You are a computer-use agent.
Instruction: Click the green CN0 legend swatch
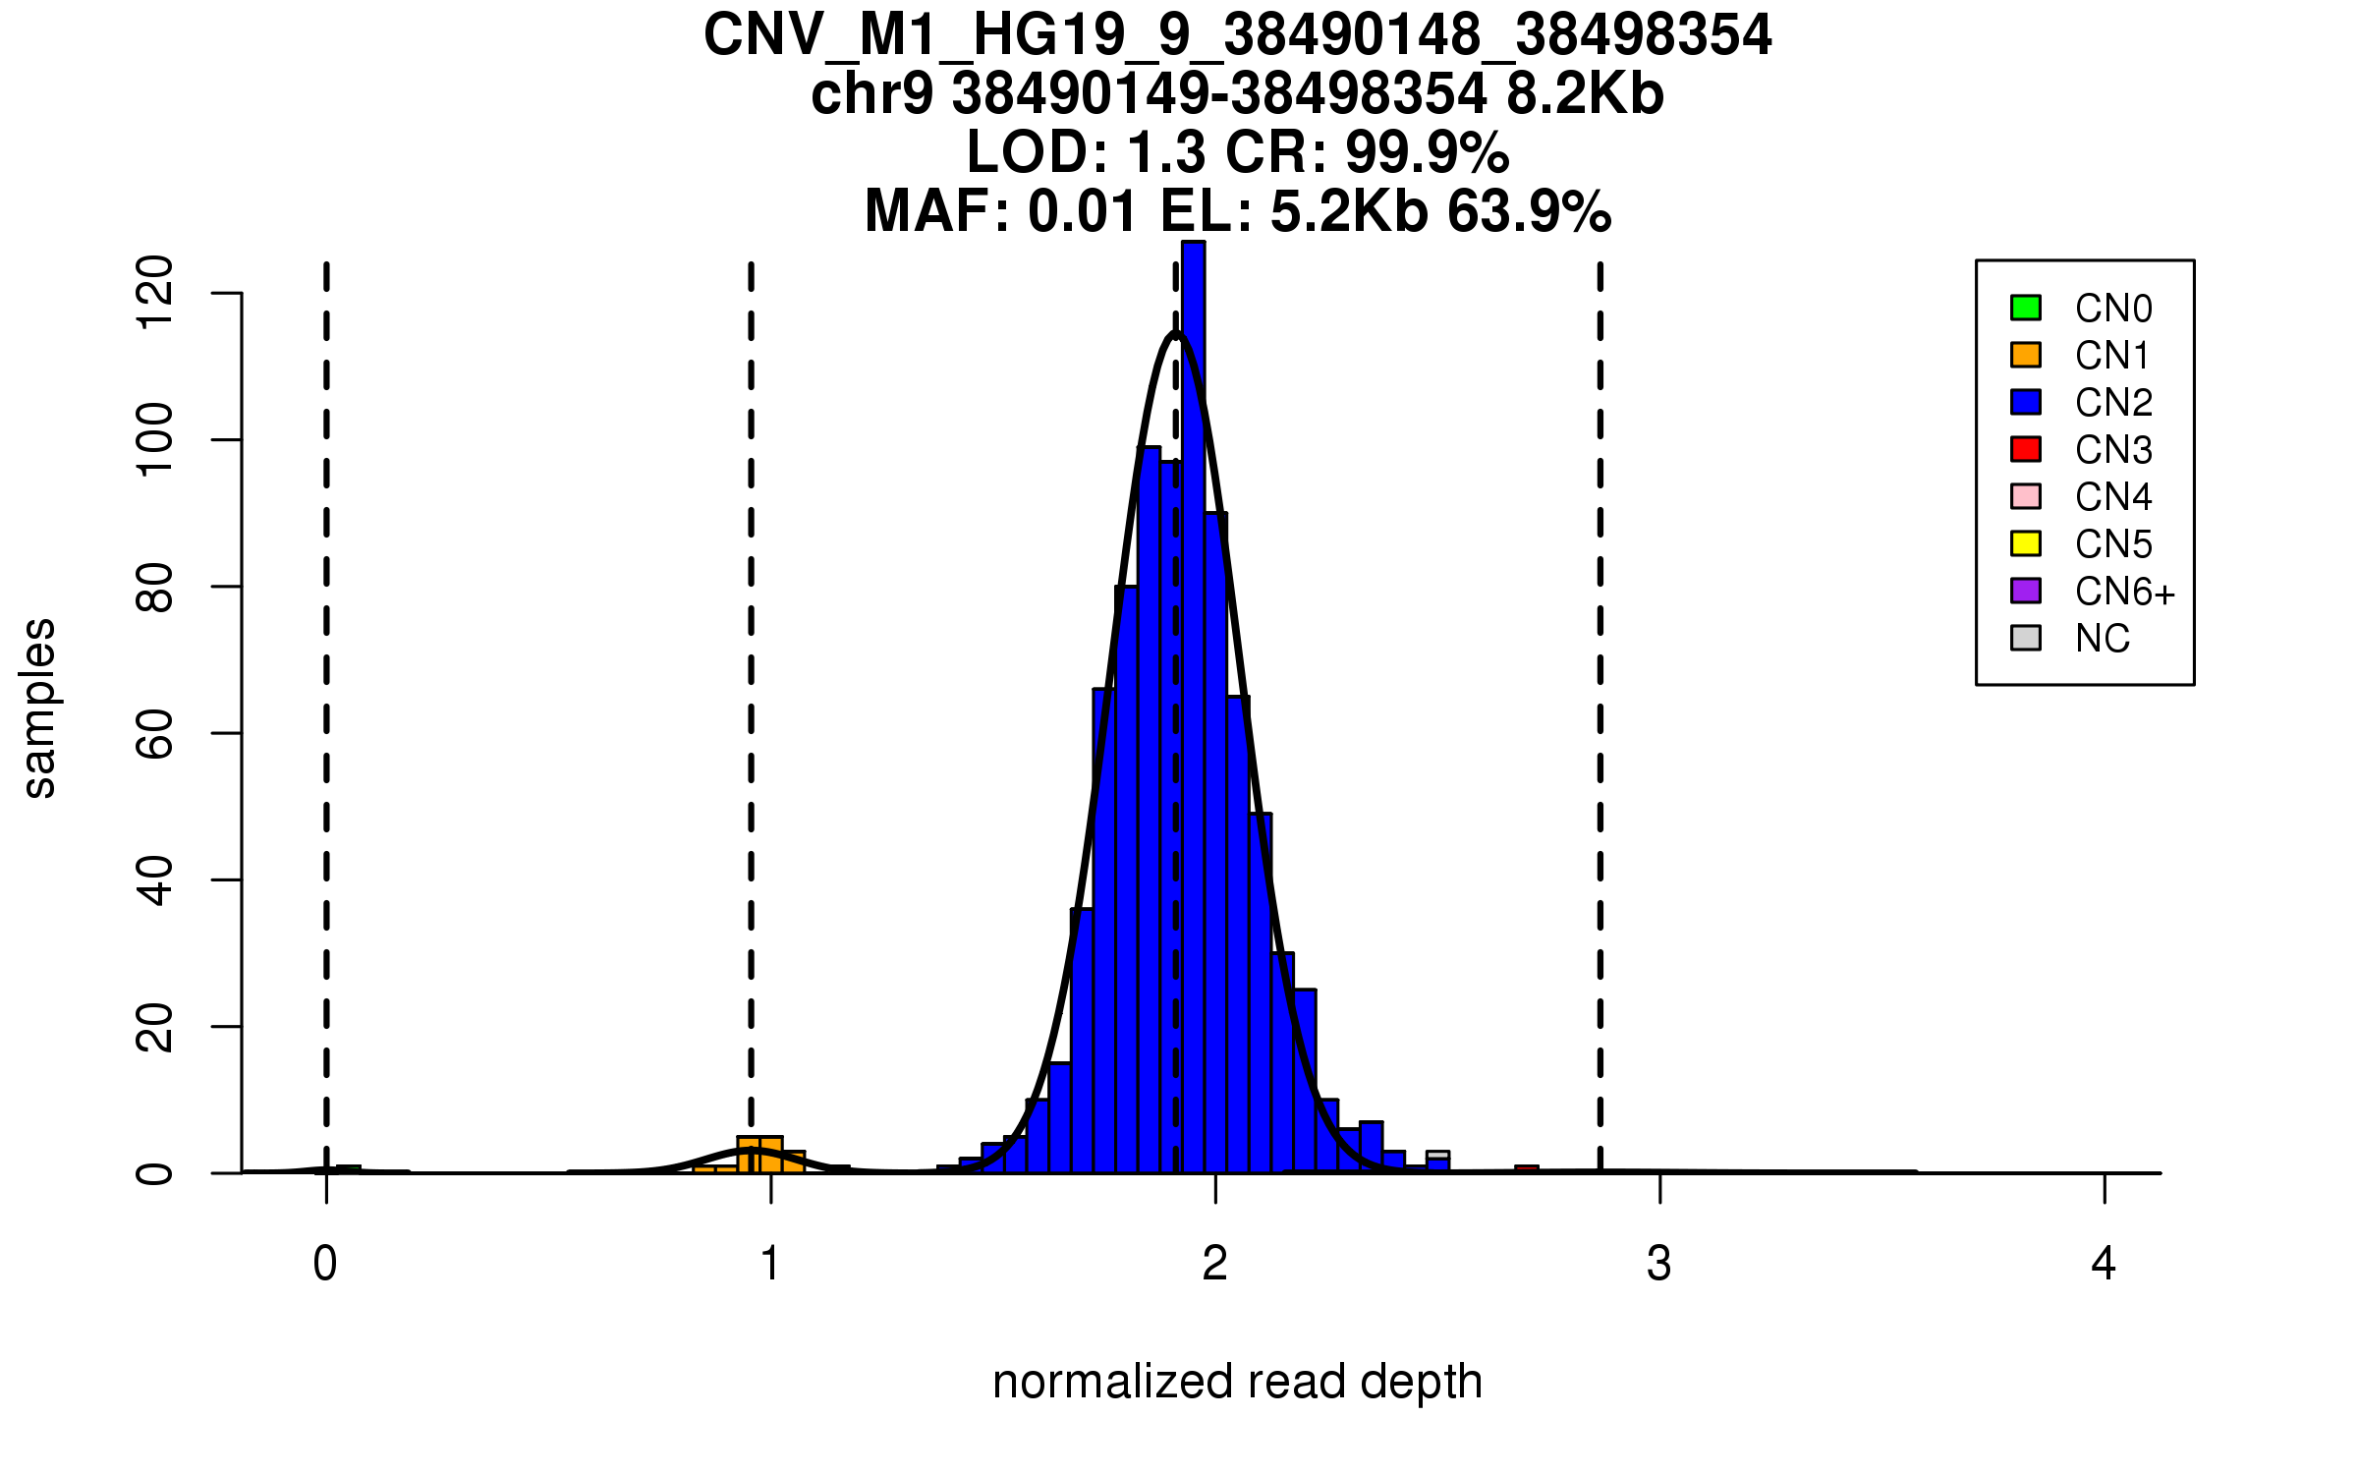2026,308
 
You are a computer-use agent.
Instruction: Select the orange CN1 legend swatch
2026,355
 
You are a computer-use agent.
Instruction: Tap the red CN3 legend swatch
2026,449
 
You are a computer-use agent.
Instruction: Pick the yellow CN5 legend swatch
2026,543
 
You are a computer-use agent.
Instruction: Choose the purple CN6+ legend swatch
2026,591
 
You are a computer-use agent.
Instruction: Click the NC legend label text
2103,639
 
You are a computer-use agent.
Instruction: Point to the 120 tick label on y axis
155,293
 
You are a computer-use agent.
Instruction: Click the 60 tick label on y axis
155,733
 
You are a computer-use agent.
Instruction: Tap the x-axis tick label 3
1659,1264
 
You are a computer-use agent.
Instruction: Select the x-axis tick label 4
2104,1264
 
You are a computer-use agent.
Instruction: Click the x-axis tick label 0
325,1264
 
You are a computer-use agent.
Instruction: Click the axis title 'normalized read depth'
1237,1382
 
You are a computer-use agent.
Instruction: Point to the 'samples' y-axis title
39,708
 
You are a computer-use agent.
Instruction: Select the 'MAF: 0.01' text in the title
1001,212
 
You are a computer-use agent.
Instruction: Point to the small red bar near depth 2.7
1527,1168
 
